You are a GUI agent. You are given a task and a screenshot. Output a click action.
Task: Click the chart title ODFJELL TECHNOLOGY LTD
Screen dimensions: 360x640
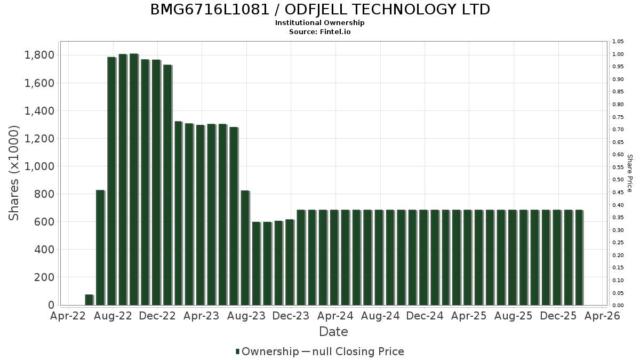click(320, 10)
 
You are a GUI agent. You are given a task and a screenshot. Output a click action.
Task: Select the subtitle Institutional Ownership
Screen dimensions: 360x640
click(320, 23)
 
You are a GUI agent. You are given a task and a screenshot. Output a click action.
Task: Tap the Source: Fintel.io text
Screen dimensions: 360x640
click(320, 31)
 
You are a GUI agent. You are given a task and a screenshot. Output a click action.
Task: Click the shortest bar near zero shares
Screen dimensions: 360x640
click(89, 300)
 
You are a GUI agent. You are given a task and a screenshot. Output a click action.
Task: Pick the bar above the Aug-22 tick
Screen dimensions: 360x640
click(111, 181)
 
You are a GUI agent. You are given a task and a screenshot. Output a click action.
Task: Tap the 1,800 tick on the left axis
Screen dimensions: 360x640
click(39, 55)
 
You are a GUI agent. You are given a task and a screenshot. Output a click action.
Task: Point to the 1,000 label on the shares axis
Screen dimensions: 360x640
click(39, 166)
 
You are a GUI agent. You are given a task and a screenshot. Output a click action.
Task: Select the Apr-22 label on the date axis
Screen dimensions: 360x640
click(68, 316)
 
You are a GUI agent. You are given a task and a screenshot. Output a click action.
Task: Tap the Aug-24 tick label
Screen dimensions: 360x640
click(380, 316)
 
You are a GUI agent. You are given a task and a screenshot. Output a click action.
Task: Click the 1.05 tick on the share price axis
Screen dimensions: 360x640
click(618, 42)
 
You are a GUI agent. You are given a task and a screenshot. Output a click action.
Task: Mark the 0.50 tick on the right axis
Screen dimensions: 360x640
click(618, 180)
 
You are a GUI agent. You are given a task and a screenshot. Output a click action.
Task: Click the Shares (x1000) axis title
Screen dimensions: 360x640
click(14, 173)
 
